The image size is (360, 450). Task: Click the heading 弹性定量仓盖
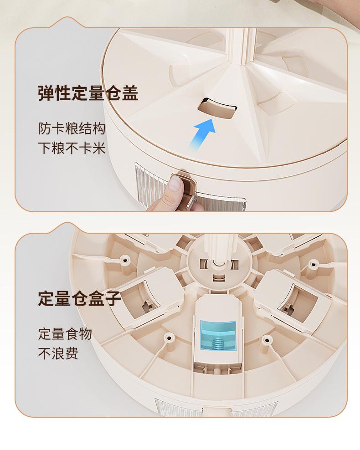[x=88, y=93]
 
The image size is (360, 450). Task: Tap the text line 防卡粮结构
[x=72, y=128]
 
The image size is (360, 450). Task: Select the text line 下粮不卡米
[x=72, y=148]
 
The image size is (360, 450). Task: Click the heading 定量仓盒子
[x=80, y=298]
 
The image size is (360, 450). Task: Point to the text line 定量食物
[x=65, y=334]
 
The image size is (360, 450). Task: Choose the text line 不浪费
[x=58, y=353]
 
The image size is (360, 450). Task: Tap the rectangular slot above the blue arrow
[x=217, y=108]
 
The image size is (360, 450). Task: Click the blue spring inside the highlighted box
[x=219, y=343]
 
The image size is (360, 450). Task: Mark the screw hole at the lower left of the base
[x=168, y=336]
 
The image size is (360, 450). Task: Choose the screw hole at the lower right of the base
[x=267, y=339]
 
